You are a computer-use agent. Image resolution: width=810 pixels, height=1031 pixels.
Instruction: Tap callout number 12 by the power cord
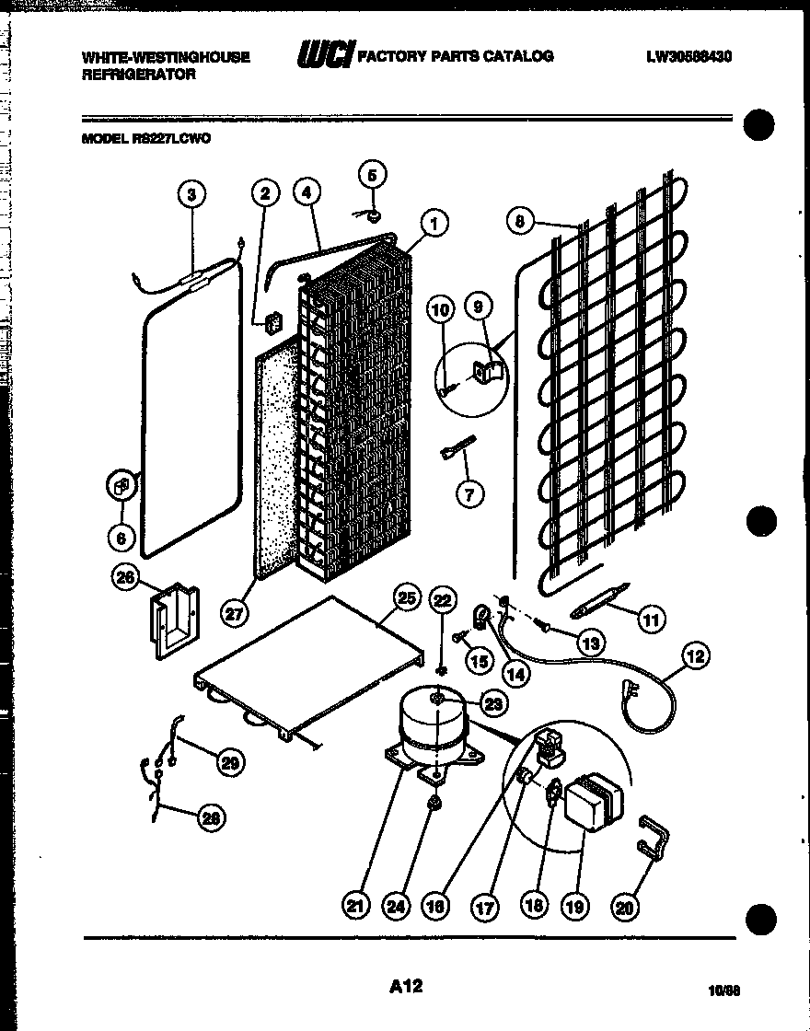[x=695, y=656]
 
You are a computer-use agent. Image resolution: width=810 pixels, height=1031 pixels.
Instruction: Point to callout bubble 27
[x=235, y=611]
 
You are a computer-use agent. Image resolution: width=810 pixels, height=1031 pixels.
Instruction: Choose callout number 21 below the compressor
[x=356, y=906]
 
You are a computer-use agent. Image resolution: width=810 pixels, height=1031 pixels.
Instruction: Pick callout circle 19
[x=575, y=906]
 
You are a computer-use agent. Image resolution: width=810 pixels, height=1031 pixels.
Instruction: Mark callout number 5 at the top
[x=372, y=174]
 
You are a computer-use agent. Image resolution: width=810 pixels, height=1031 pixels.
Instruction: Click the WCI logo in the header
[x=323, y=56]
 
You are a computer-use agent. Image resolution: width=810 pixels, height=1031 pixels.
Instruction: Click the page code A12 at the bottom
[x=405, y=986]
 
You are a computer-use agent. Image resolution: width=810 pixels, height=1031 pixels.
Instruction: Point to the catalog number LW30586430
[x=688, y=57]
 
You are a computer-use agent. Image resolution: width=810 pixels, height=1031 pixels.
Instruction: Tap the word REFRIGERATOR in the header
[x=139, y=75]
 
